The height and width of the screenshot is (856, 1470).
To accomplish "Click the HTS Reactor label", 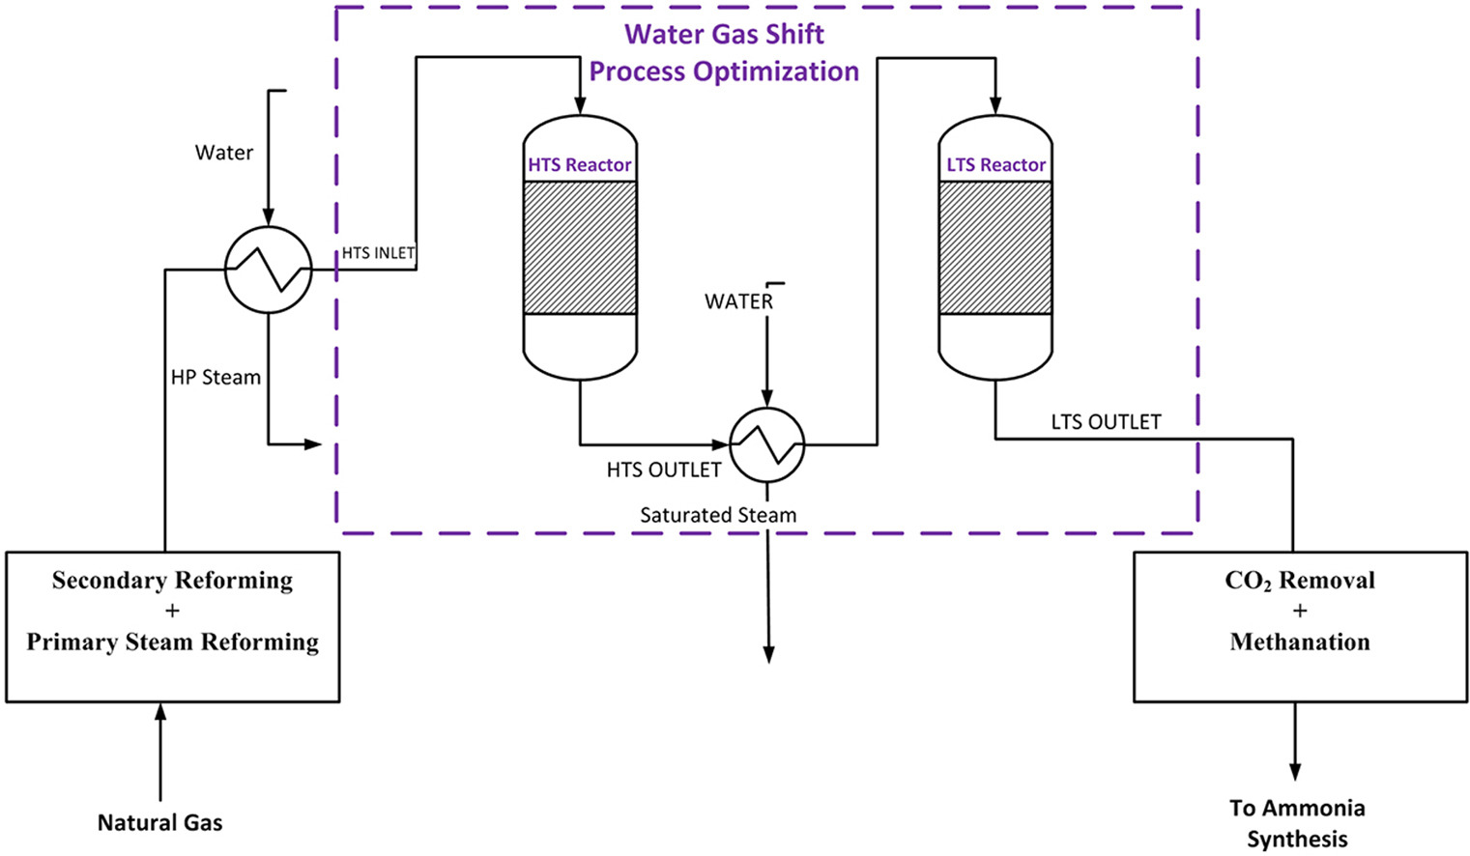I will point(579,165).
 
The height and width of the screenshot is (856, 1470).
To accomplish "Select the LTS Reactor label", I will point(995,165).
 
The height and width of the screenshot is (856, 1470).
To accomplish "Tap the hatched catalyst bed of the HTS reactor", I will point(580,247).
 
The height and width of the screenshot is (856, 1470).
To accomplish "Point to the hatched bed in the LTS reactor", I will point(995,247).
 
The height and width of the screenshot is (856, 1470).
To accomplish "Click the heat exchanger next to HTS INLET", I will point(269,270).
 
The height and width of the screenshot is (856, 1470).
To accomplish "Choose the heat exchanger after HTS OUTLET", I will point(767,444).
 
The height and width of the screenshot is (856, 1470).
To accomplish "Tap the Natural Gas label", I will point(160,823).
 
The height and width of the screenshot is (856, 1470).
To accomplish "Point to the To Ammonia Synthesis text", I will point(1297,823).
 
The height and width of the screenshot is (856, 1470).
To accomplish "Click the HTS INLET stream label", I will point(378,253).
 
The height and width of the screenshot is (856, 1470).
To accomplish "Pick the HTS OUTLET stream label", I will point(664,471).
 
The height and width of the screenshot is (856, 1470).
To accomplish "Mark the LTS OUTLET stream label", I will point(1106,422).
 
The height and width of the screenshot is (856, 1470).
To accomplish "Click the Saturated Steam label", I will point(718,516).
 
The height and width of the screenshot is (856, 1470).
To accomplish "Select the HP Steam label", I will point(216,378).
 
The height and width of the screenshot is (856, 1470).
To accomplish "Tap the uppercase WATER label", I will point(738,301).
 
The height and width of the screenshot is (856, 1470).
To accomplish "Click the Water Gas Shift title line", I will point(724,34).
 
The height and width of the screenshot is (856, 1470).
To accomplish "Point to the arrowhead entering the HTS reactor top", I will point(580,105).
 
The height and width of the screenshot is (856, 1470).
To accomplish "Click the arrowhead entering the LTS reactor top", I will point(995,105).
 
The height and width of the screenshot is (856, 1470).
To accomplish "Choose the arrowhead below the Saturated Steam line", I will point(769,654).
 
